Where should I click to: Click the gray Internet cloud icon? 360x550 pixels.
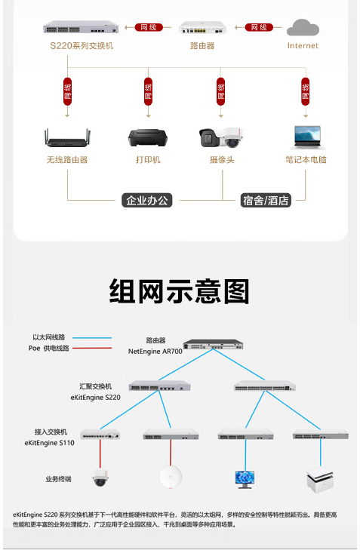click(x=303, y=27)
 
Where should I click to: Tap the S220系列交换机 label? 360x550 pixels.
click(x=82, y=45)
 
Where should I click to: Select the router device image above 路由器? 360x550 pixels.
click(x=202, y=28)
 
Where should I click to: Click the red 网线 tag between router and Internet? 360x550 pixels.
click(x=259, y=27)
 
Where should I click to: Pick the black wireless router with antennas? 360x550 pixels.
click(x=67, y=138)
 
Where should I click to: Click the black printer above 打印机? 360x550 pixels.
click(x=148, y=138)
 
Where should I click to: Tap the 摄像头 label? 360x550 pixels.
click(x=222, y=160)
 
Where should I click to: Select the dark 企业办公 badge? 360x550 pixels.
click(x=147, y=200)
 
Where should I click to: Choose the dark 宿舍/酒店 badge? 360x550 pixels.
click(x=266, y=200)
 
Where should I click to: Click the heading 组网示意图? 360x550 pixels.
click(x=180, y=291)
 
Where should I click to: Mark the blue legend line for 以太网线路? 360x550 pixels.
click(x=92, y=338)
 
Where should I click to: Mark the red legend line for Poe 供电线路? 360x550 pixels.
click(x=92, y=349)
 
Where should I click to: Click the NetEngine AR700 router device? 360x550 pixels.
click(x=213, y=344)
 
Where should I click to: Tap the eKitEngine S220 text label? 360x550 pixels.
click(x=95, y=398)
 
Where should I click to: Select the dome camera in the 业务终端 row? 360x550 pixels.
click(x=100, y=478)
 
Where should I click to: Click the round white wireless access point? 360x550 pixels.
click(x=171, y=477)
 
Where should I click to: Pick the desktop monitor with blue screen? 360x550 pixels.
click(x=245, y=480)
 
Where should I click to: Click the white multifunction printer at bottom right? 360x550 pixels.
click(x=320, y=480)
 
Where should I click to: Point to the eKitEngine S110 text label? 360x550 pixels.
click(x=50, y=443)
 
